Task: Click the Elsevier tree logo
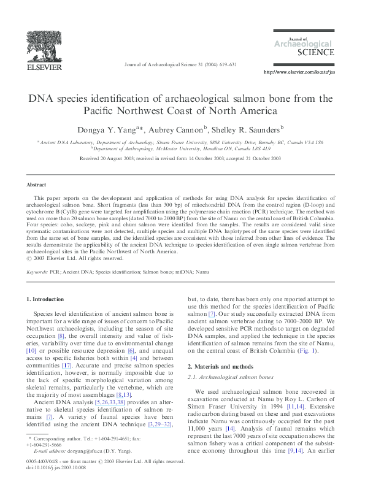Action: click(x=41, y=46)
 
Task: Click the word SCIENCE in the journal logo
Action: click(x=318, y=53)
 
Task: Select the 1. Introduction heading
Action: click(x=45, y=299)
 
